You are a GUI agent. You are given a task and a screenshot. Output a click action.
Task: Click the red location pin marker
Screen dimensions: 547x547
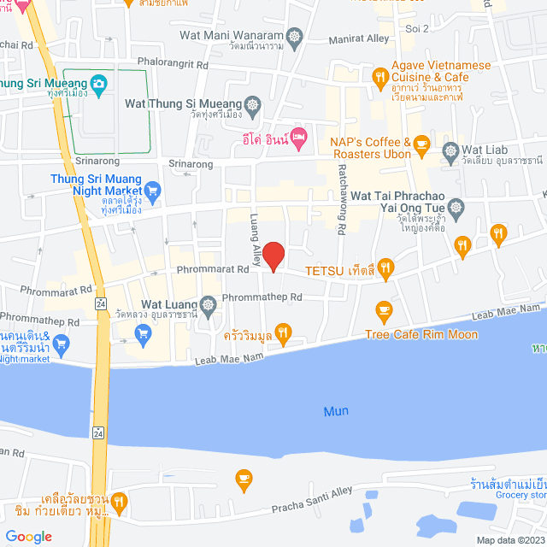[x=273, y=256]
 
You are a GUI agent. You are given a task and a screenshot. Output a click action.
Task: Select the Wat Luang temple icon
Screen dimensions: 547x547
[x=208, y=304]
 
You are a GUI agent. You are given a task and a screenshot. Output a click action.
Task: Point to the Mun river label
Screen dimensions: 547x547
[x=336, y=411]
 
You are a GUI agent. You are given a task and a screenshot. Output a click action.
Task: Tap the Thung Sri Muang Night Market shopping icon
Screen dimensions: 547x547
[x=153, y=189]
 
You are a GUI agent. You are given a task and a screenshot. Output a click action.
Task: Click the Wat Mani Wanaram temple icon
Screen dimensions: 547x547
[x=296, y=37]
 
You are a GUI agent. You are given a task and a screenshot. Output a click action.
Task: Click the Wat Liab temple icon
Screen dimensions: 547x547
[x=451, y=153]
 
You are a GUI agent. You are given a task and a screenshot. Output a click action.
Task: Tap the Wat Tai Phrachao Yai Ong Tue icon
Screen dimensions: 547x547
[x=456, y=207]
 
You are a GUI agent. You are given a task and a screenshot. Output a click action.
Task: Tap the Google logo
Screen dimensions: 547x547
[x=29, y=536]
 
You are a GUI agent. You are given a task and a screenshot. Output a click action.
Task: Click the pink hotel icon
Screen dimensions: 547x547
[x=297, y=135]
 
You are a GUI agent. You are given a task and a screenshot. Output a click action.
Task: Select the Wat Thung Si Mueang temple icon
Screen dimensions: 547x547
[x=252, y=103]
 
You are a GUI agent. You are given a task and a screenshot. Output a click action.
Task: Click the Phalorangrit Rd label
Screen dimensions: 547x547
[x=174, y=64]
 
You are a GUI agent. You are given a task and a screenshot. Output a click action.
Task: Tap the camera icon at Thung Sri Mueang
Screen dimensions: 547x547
[x=99, y=83]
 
